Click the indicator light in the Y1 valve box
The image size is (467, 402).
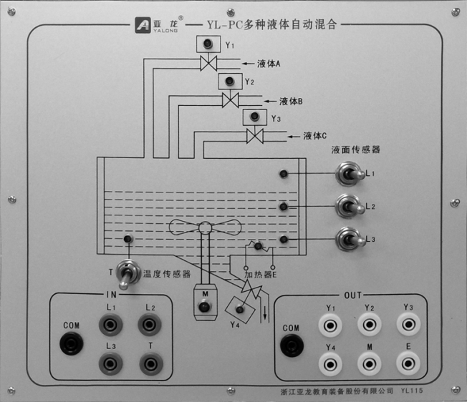click(x=208, y=45)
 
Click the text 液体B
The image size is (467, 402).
click(x=292, y=101)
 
